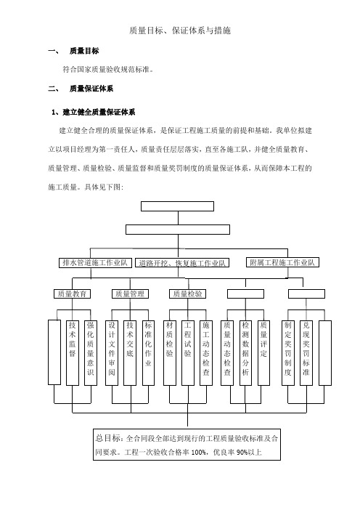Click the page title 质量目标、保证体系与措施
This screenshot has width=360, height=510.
coord(180,31)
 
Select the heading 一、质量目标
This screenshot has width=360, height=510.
coord(73,51)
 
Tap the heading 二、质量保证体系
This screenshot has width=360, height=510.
coord(81,89)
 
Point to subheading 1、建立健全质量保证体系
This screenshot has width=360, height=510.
coord(93,112)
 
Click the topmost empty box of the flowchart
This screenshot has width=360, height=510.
coord(177,206)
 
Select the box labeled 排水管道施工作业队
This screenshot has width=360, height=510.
coord(95,263)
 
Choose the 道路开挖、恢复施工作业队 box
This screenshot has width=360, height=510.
coord(182,263)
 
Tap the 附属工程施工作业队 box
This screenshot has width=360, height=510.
coord(282,262)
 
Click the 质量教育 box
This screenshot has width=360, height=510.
coord(72,294)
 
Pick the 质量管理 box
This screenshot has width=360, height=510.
coord(130,294)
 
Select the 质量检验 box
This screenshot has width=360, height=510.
coord(187,294)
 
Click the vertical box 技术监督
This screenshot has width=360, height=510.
coord(73,353)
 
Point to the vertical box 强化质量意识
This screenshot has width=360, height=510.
coord(91,353)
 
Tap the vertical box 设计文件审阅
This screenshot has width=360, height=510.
coord(112,353)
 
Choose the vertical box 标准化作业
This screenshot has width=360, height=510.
coord(148,353)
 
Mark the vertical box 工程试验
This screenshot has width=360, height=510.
coord(188,353)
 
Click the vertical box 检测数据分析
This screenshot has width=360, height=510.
coord(245,353)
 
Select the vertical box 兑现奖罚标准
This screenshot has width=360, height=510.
coord(306,353)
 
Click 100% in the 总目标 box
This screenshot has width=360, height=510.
coord(199,453)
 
